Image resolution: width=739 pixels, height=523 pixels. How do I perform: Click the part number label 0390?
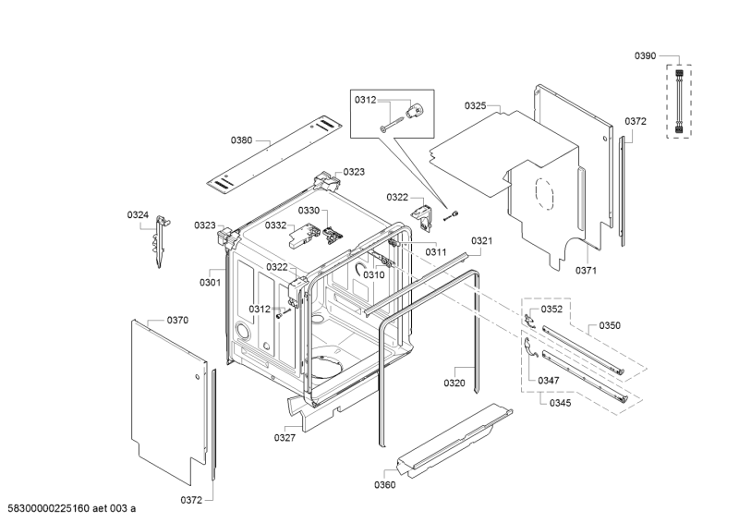(x=645, y=56)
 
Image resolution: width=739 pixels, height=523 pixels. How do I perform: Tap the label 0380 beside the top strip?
(x=241, y=140)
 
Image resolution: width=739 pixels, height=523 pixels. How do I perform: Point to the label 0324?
(x=138, y=215)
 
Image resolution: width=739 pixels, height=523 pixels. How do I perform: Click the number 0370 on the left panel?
(x=177, y=320)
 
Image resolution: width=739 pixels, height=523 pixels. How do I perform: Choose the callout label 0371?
(x=587, y=270)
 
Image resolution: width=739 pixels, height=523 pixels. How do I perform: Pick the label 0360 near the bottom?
(x=384, y=484)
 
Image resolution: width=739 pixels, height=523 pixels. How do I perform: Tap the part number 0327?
(x=285, y=437)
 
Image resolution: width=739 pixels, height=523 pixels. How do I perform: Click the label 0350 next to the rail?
(x=610, y=326)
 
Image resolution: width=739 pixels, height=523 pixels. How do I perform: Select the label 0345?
(x=561, y=402)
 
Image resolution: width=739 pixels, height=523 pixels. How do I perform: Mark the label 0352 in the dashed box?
(x=551, y=309)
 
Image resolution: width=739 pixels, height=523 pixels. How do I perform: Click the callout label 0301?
(x=210, y=282)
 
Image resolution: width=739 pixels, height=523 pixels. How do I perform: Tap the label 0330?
(x=308, y=211)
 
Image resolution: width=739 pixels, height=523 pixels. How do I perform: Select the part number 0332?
(x=275, y=225)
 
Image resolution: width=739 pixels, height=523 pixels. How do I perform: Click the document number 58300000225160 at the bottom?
(x=53, y=508)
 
